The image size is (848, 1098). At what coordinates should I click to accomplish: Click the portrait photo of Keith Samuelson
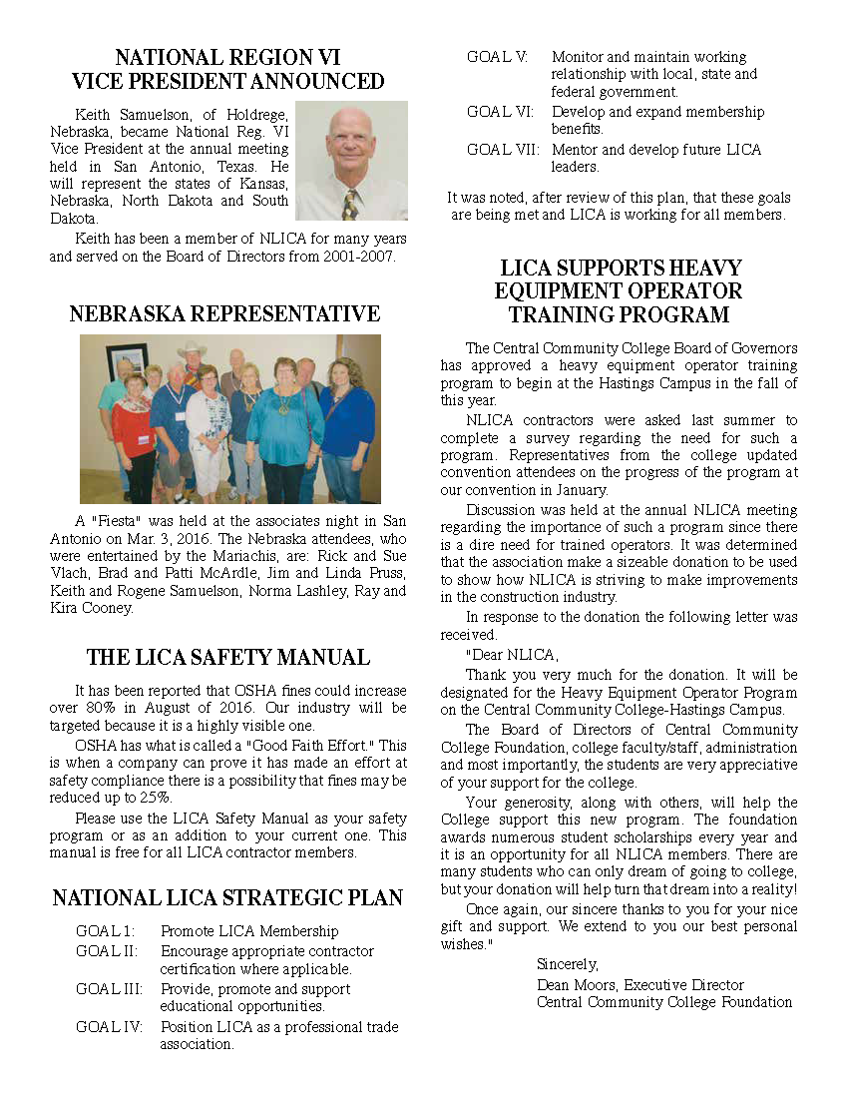(x=352, y=160)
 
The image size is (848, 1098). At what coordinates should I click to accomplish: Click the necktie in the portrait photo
(x=350, y=204)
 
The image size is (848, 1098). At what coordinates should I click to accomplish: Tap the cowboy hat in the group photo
(x=192, y=349)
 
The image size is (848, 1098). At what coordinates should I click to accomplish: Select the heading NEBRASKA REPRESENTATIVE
(x=224, y=314)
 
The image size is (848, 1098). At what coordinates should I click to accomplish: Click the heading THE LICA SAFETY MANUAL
(x=227, y=657)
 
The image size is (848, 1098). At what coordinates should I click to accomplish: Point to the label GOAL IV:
(x=109, y=1026)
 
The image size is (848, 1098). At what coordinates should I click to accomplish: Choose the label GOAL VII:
(x=502, y=150)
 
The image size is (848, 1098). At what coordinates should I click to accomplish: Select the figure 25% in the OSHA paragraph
(x=157, y=798)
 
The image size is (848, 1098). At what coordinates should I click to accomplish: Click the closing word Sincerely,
(x=567, y=964)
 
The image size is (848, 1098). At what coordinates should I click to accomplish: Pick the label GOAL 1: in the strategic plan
(x=105, y=931)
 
